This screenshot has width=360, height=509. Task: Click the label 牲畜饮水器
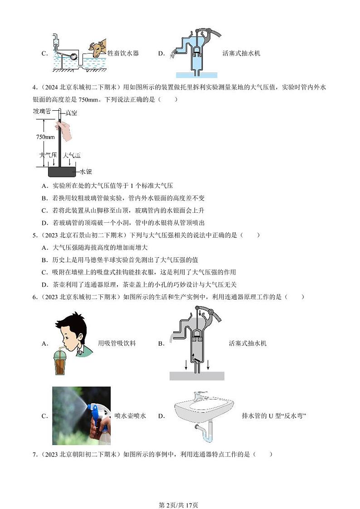tap(123, 54)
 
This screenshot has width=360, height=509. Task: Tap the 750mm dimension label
tap(45, 137)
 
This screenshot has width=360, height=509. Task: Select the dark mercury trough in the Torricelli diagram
tap(62, 171)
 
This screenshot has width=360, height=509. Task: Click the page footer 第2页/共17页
tap(180, 493)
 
